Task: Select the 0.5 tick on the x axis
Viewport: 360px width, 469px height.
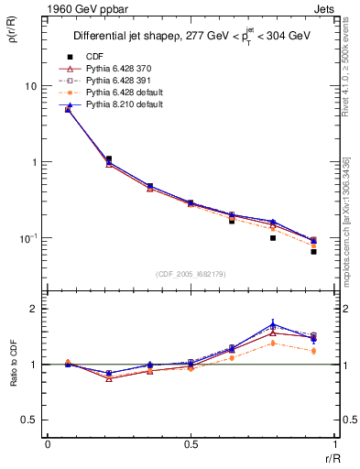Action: pyautogui.click(x=191, y=444)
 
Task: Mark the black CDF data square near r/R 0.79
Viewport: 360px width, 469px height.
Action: pyautogui.click(x=273, y=237)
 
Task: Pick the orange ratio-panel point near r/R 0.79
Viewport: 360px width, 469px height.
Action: pyautogui.click(x=273, y=343)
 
